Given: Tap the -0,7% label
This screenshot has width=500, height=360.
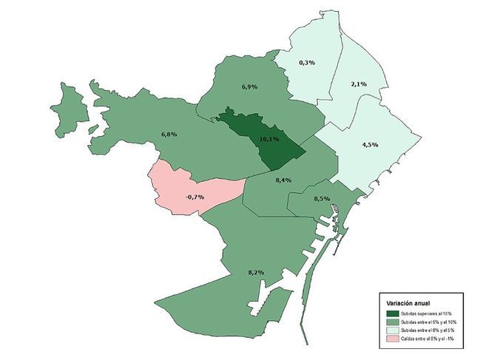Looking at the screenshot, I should point(195,197).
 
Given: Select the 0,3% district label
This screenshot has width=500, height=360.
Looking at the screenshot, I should point(307,63).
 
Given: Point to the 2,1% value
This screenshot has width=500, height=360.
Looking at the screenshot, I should point(359,84).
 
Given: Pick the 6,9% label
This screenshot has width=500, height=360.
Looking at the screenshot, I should point(250,87).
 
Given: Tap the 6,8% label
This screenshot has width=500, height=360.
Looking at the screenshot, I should point(169,135).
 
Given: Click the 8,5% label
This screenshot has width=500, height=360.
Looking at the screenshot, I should point(322,199).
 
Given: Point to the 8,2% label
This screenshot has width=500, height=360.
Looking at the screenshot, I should point(256,273).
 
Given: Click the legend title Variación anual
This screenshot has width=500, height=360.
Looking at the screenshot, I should point(404,303).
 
